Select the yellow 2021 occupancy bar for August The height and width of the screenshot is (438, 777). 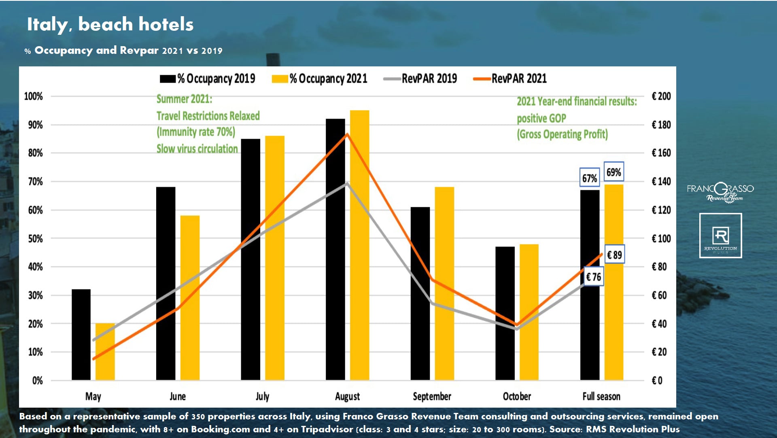(x=359, y=245)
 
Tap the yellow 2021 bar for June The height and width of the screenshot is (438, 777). (x=190, y=298)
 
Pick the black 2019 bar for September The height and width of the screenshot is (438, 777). (x=420, y=293)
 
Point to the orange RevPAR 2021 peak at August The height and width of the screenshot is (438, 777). (x=347, y=134)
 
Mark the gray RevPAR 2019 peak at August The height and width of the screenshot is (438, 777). (x=347, y=183)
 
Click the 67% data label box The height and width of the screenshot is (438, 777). (x=589, y=178)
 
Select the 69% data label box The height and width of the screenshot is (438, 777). (x=614, y=172)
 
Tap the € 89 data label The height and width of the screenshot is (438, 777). (x=614, y=255)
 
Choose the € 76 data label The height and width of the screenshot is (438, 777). (x=594, y=277)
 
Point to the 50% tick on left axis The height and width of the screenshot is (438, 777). (x=35, y=238)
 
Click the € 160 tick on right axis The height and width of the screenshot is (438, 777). (x=661, y=153)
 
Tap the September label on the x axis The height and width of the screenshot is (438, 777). (x=432, y=396)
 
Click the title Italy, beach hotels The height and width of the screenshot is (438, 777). (x=110, y=24)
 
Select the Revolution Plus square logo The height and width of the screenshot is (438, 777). (x=720, y=236)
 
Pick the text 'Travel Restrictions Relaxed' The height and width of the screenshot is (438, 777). (x=208, y=116)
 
